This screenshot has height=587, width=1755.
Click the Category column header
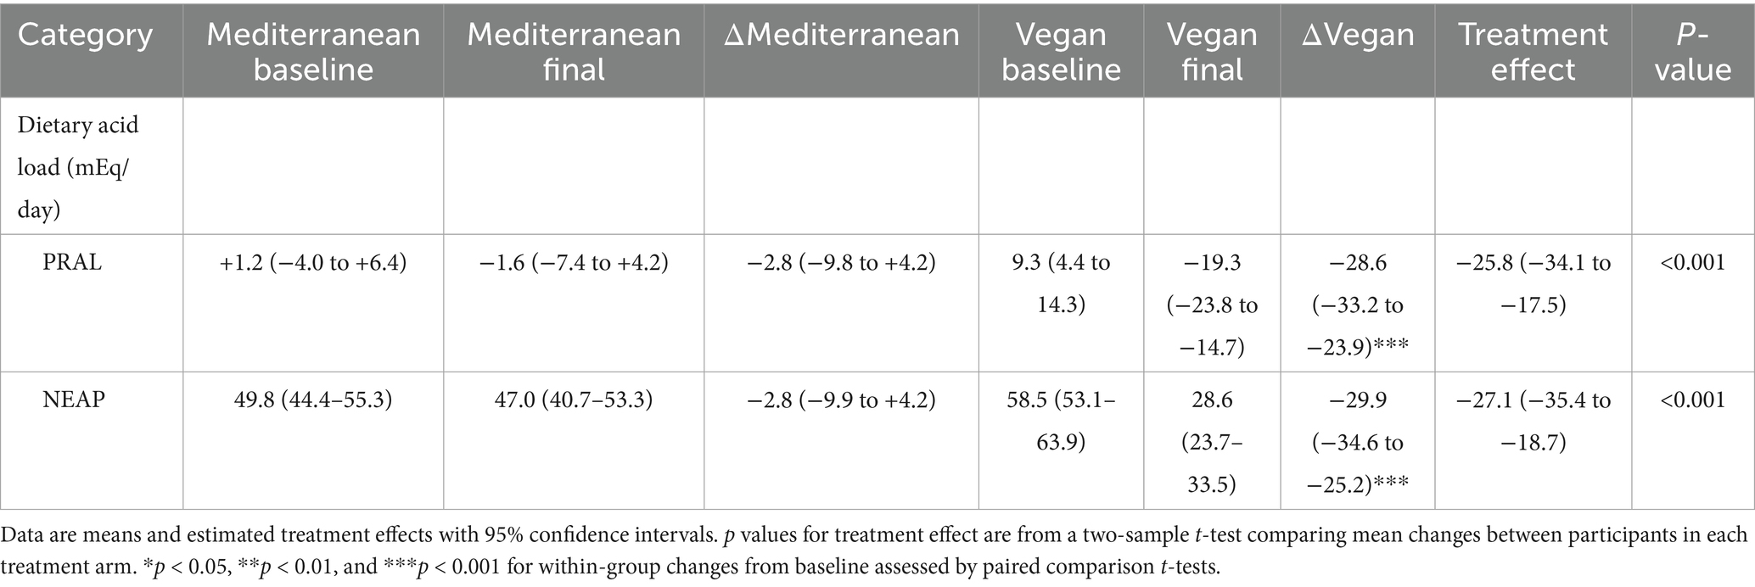click(x=86, y=36)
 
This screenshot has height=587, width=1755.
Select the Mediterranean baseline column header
click(x=313, y=52)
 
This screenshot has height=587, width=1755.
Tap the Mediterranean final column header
click(x=574, y=52)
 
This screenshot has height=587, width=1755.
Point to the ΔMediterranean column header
click(x=841, y=36)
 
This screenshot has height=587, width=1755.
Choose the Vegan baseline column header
click(x=1061, y=52)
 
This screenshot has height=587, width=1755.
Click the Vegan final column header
click(x=1212, y=52)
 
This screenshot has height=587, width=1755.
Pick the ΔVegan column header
click(x=1358, y=36)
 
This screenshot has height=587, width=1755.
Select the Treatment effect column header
click(x=1533, y=52)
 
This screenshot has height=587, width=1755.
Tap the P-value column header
click(x=1692, y=52)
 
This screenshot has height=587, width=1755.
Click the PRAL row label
click(x=72, y=263)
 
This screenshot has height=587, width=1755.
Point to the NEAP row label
click(x=74, y=400)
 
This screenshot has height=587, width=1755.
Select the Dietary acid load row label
click(x=78, y=167)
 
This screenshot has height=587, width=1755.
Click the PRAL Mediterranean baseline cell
click(x=313, y=263)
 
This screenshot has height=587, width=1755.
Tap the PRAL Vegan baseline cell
click(x=1061, y=283)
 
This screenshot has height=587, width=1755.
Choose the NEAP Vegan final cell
click(x=1212, y=442)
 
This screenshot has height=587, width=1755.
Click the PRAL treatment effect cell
click(x=1533, y=283)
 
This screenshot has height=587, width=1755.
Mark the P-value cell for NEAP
click(x=1692, y=400)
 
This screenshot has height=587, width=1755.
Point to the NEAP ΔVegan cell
click(x=1358, y=442)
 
